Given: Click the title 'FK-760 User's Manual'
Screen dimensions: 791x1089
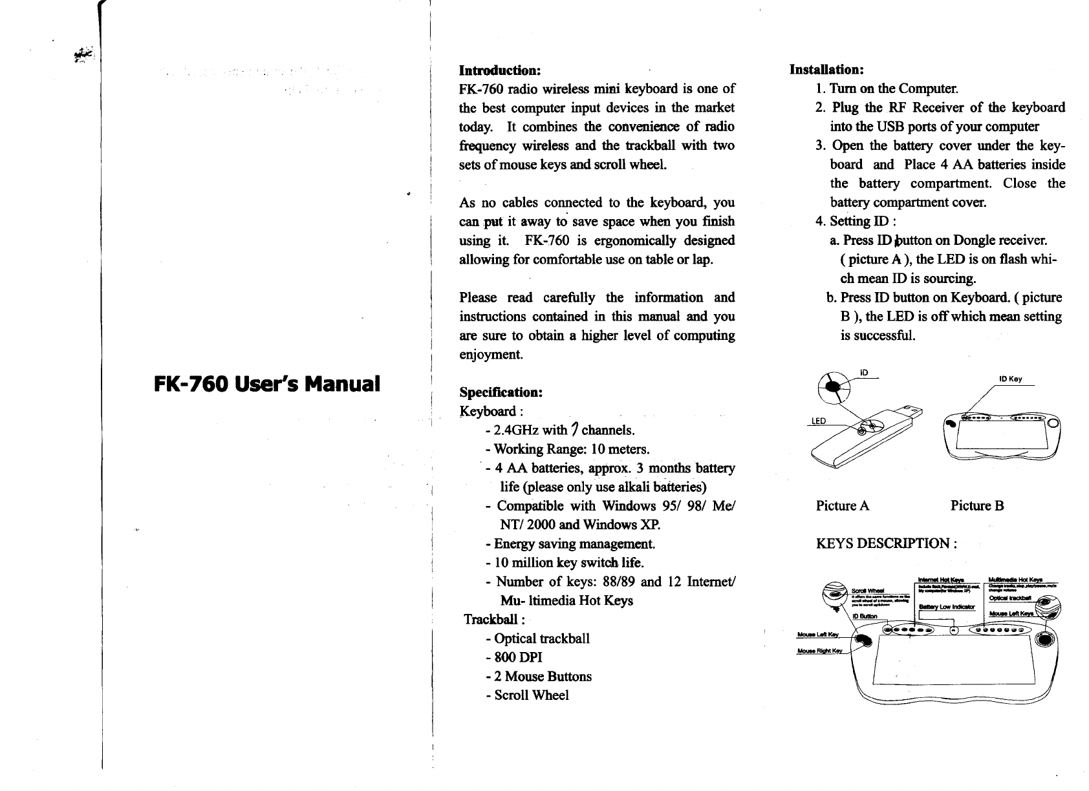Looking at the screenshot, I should click(266, 384).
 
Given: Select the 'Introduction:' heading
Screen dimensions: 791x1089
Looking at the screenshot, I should click(499, 69).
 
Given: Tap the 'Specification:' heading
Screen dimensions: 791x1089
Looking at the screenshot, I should click(500, 392).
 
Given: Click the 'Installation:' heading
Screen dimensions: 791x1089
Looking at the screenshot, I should click(827, 69).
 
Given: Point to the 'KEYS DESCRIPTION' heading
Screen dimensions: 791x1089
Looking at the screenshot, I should click(886, 543).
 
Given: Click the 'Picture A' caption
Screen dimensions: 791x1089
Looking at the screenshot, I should click(843, 505).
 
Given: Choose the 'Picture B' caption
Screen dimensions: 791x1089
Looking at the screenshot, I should click(977, 505).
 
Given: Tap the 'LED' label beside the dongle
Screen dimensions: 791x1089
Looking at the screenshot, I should click(819, 421).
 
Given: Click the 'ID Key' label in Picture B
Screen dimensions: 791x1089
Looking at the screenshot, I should click(1010, 379).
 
